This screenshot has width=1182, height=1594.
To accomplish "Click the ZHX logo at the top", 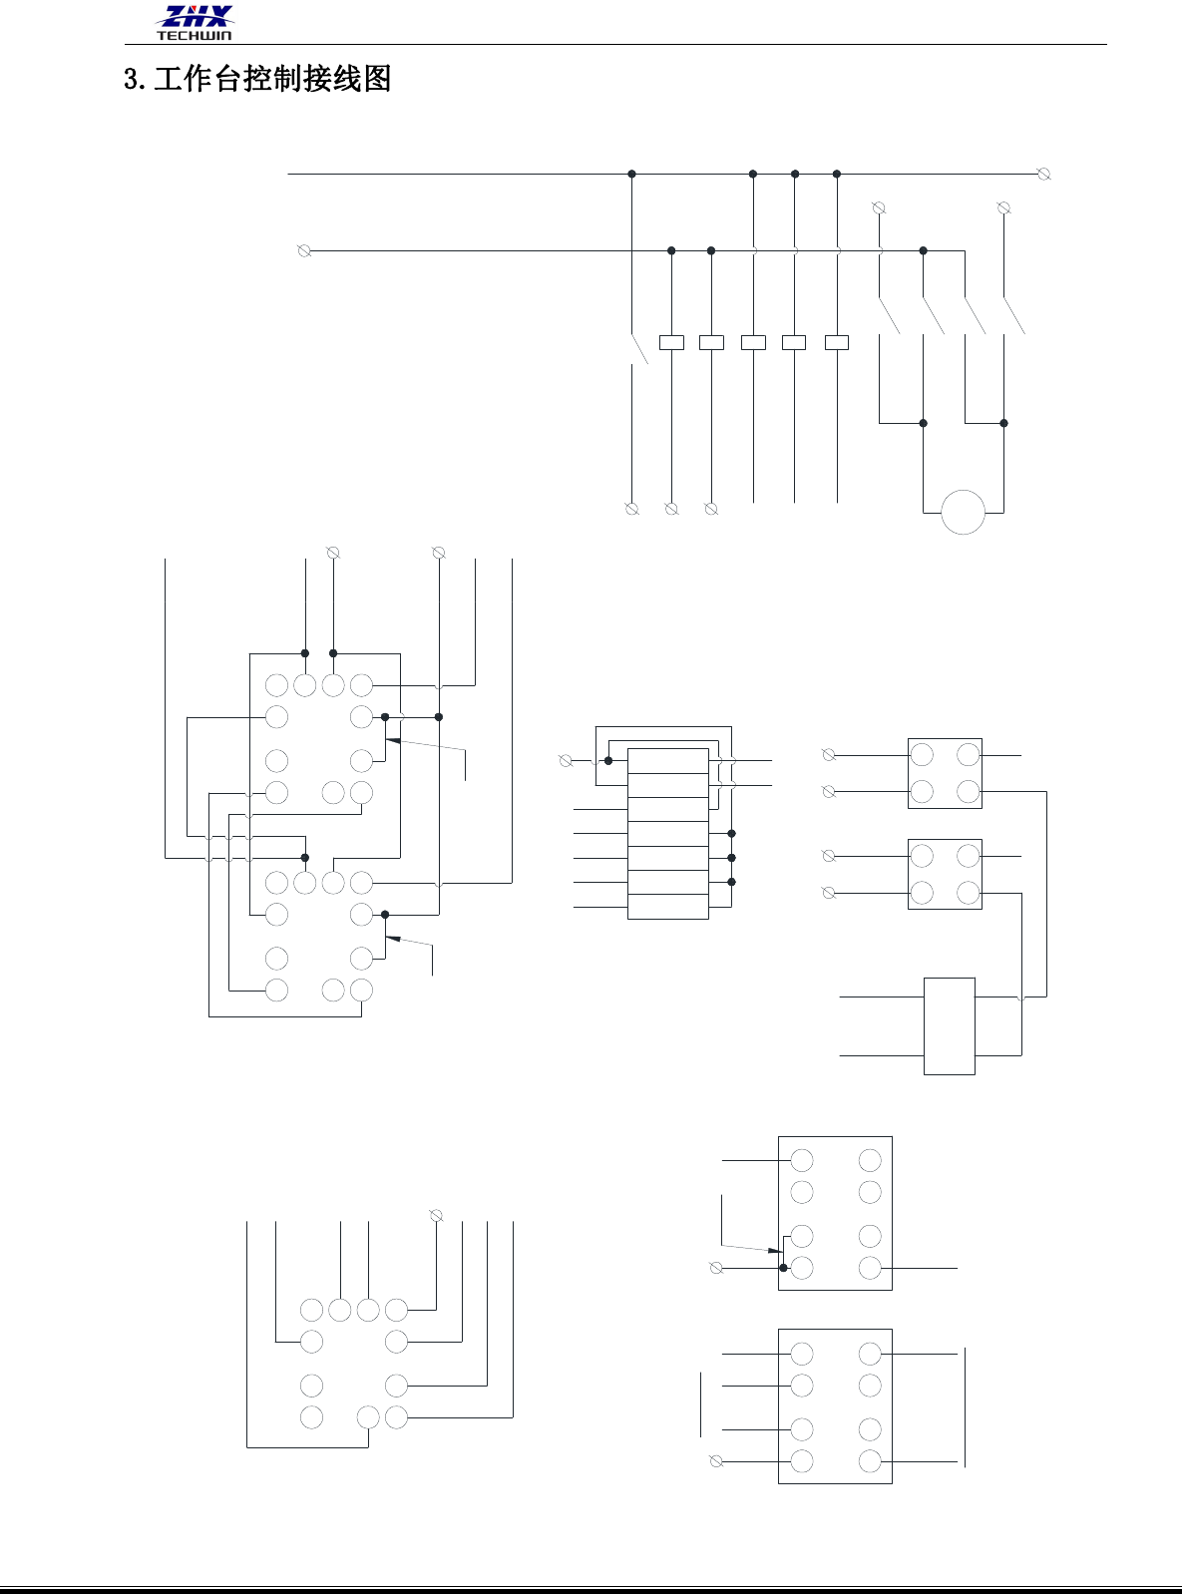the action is pos(196,17).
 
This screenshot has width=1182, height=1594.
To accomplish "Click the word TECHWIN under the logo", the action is pos(194,36).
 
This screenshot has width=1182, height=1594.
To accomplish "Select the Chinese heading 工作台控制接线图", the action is pos(272,79).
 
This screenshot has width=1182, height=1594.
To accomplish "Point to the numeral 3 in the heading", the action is pos(131,79).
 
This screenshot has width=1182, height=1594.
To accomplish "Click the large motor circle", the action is pos(964,512).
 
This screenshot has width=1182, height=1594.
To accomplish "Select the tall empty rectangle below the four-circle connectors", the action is pos(950,1025).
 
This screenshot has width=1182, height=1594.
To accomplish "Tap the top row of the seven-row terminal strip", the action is pos(668,761).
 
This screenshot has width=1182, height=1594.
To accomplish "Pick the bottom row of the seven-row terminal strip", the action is pos(668,907).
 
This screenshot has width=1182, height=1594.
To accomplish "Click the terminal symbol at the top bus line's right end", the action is pos(1044,174).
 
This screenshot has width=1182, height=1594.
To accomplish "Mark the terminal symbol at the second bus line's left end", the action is pos(305,250).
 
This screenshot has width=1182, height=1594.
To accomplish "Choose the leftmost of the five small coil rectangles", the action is pos(672,342).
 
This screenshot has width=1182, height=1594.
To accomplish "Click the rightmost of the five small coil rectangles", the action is pos(837,342).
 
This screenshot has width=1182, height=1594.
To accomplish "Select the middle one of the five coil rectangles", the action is pos(754,342).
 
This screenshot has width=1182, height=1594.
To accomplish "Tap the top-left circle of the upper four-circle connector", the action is pos(922,755).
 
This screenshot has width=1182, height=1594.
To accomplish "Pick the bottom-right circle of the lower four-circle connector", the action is pos(969,892).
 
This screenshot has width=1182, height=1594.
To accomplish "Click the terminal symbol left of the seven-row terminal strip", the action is pos(567,760).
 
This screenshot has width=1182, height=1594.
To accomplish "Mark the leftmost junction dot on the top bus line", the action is pos(631,174).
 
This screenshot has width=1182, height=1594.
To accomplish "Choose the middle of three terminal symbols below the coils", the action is pos(671,509).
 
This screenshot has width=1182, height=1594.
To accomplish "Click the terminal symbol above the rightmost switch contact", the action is pos(1004,207).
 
